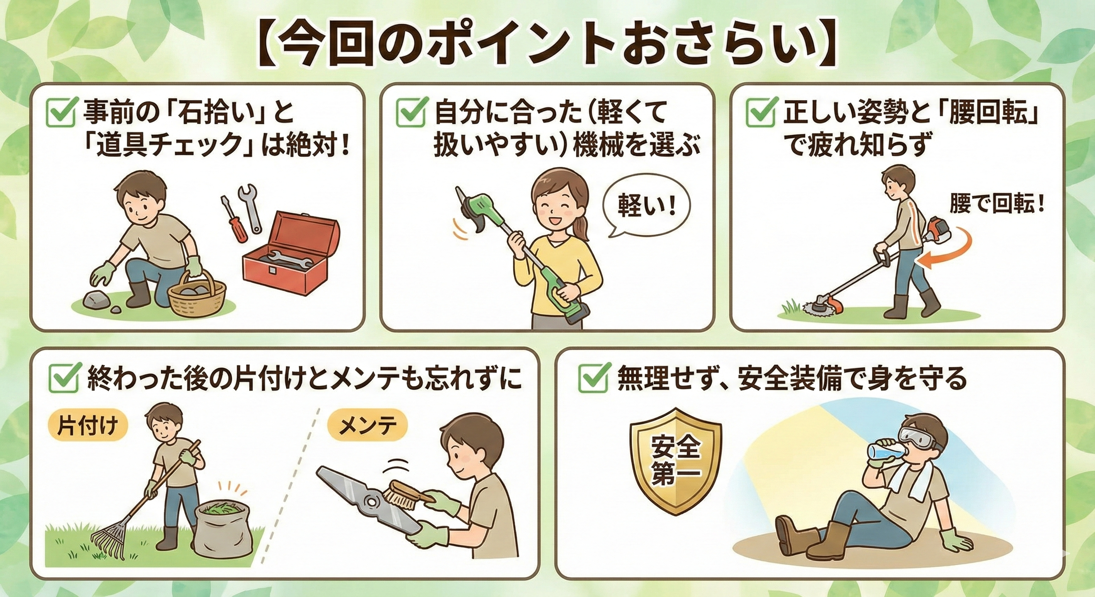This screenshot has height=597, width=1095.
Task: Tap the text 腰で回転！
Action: [996, 206]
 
